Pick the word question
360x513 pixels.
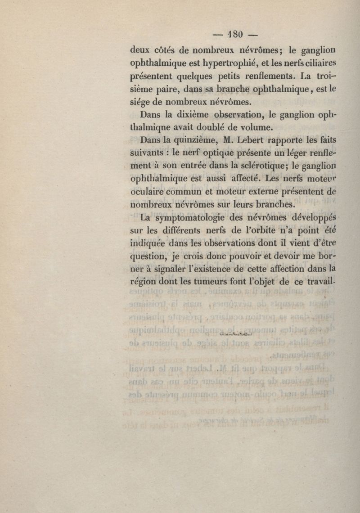coord(148,257)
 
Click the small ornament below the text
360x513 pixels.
coord(235,333)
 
